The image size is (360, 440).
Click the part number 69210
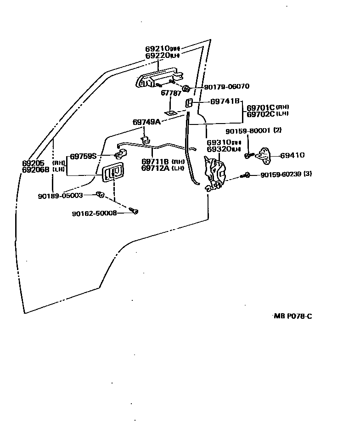(157, 49)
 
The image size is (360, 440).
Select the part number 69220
(157, 56)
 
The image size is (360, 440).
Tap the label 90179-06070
(220, 86)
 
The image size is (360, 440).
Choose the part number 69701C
(261, 107)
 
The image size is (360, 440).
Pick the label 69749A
(146, 122)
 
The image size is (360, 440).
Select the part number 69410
(292, 155)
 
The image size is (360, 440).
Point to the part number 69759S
(83, 156)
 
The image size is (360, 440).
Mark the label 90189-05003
(60, 196)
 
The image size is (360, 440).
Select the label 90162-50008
(94, 213)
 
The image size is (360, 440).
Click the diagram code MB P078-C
(293, 316)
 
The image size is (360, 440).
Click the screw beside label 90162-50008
(134, 211)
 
